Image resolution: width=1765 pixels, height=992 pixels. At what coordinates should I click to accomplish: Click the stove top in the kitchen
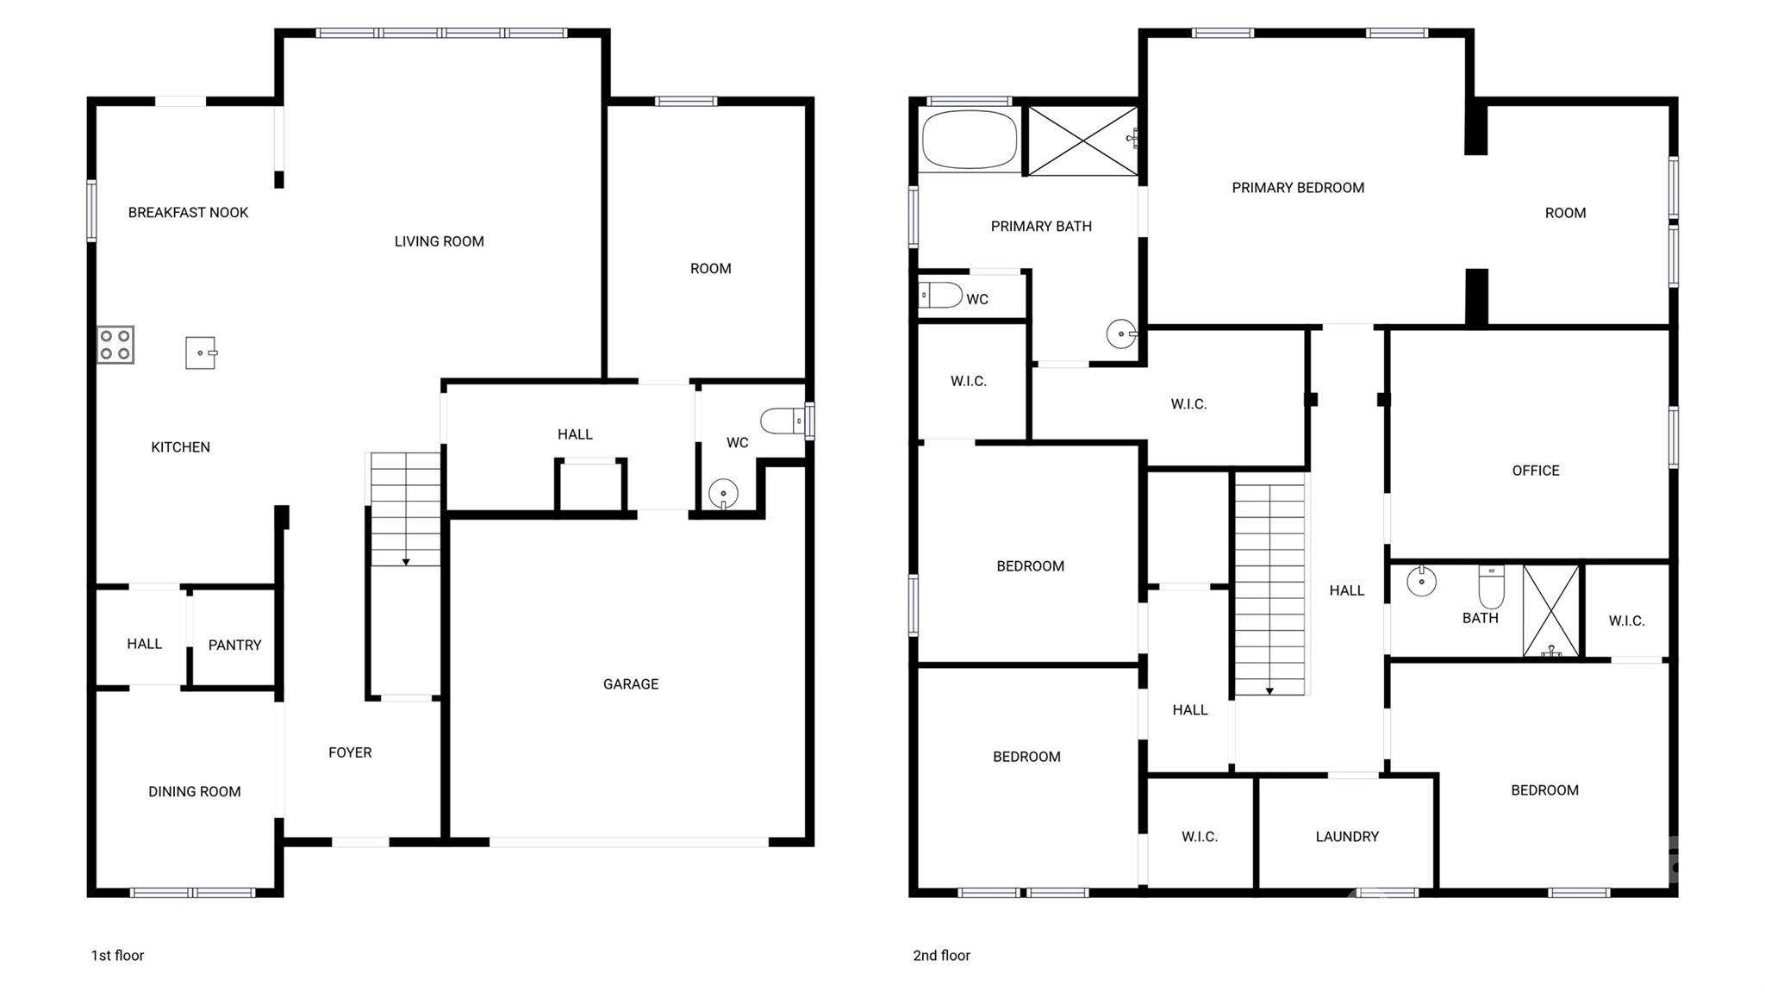coord(115,345)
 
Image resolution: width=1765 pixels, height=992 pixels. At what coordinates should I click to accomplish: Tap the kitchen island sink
coord(201,353)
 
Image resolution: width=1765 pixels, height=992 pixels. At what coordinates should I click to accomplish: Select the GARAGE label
coord(631,684)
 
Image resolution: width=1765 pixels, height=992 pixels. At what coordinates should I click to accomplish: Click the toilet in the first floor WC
coord(783,421)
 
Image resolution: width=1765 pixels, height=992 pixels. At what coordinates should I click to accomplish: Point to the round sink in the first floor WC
coord(723,494)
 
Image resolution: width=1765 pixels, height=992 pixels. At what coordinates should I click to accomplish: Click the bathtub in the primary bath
coord(970,139)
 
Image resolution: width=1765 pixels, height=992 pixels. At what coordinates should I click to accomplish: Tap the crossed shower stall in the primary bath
coord(1082,140)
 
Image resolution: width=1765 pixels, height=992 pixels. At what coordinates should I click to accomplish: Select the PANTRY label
coord(234,645)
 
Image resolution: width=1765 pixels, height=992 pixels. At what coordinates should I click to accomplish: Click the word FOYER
coord(350,752)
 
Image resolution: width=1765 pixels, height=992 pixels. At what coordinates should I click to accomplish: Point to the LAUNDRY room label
coord(1347,836)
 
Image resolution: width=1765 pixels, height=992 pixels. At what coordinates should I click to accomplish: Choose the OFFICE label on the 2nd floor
coord(1536,471)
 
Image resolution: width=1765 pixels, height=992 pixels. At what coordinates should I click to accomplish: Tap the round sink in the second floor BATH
coord(1421,582)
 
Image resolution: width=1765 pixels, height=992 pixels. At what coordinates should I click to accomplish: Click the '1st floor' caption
coord(117,955)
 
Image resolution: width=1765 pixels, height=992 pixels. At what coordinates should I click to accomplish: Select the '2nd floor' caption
coord(941,955)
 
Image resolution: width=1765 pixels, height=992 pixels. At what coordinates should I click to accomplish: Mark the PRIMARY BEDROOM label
coord(1298,188)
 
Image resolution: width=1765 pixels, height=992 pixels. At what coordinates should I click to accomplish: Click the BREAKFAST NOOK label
coord(188,213)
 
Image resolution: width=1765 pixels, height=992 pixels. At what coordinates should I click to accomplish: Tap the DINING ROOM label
coord(195,791)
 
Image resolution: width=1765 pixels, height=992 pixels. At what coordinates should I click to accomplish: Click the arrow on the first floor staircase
coord(406,562)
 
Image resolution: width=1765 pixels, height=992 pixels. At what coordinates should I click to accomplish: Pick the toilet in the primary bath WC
coord(939,296)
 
